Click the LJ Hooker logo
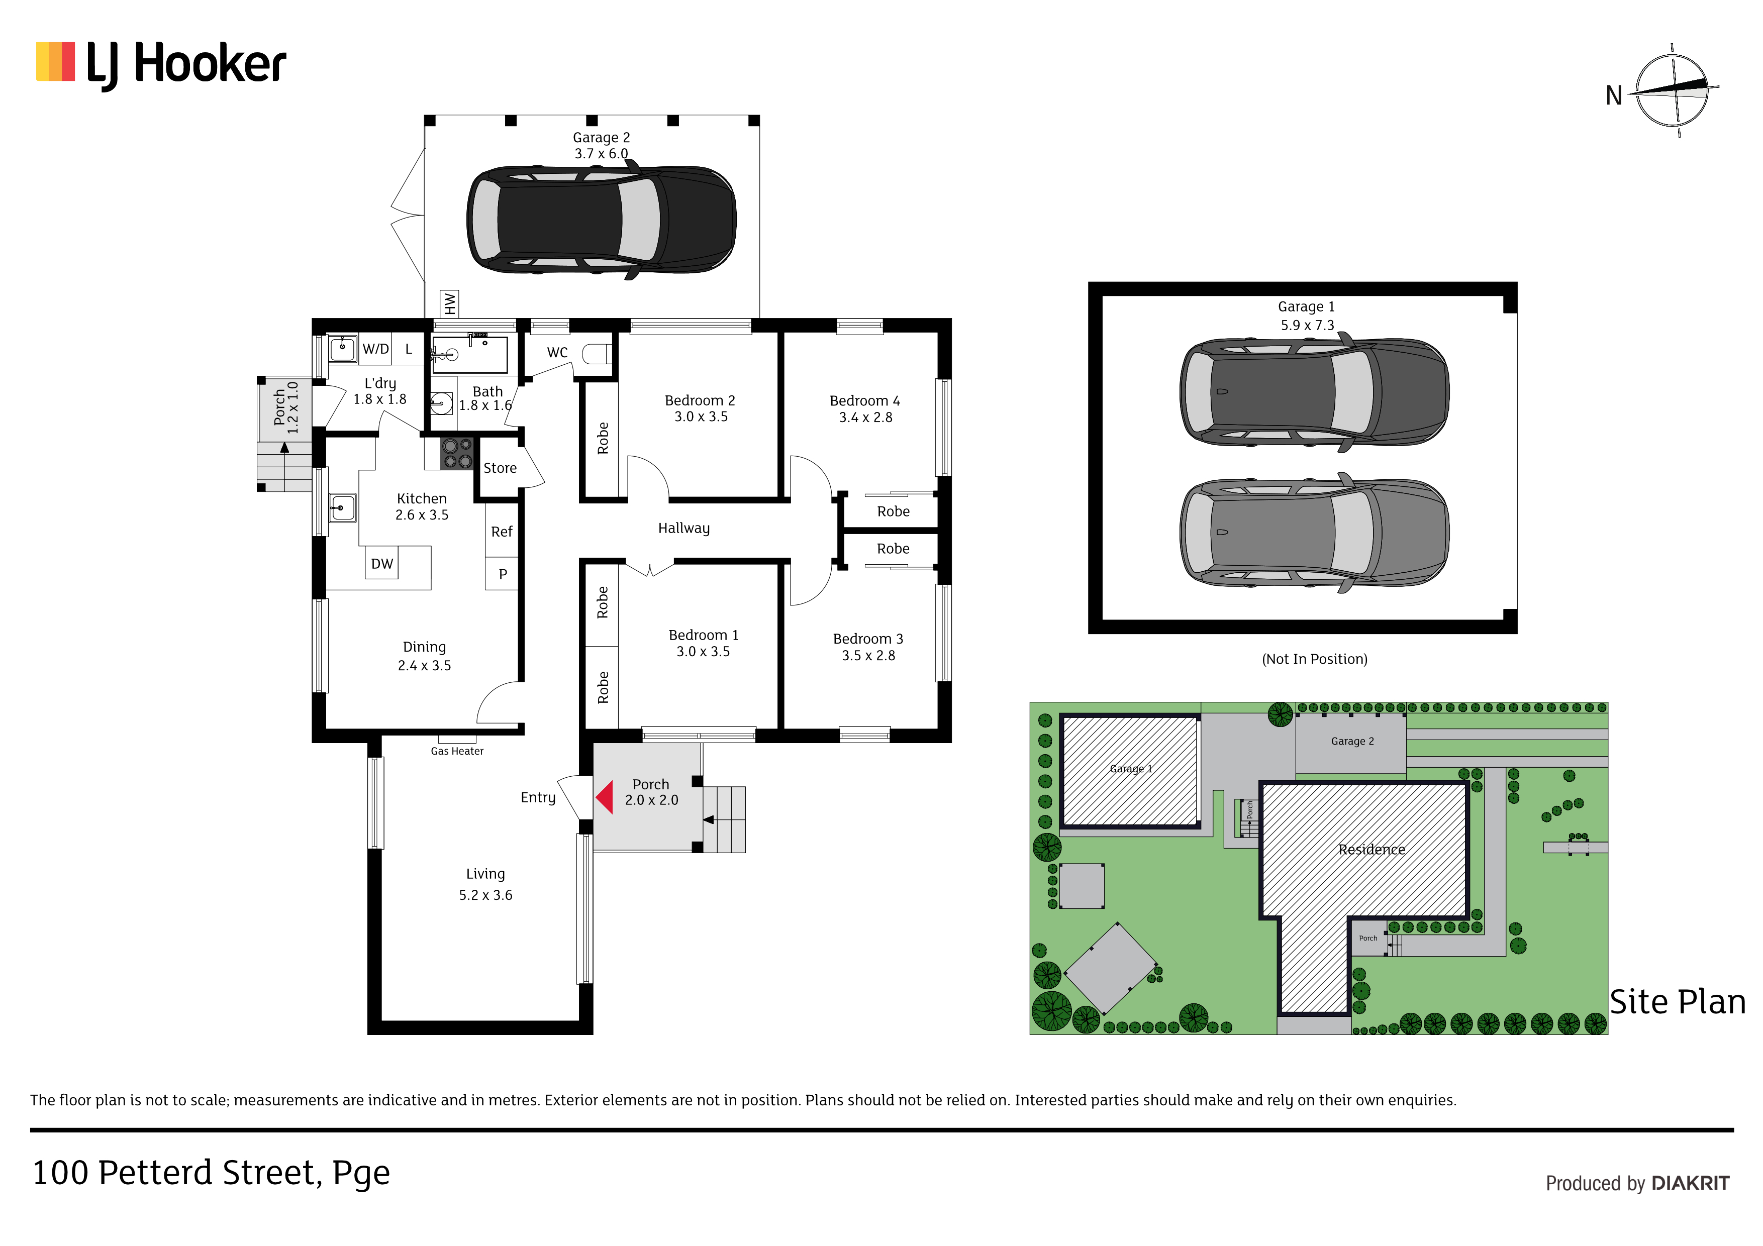161,64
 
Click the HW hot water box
449,303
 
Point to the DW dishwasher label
381,564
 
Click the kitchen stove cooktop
457,453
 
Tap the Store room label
500,468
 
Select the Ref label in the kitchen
502,531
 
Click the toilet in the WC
597,354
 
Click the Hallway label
683,528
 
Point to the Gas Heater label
457,751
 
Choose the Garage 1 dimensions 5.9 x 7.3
1307,325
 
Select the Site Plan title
1677,1002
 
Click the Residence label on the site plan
1372,849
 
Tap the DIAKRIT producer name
1690,1183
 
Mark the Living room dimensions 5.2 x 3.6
485,894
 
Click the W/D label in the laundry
375,349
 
